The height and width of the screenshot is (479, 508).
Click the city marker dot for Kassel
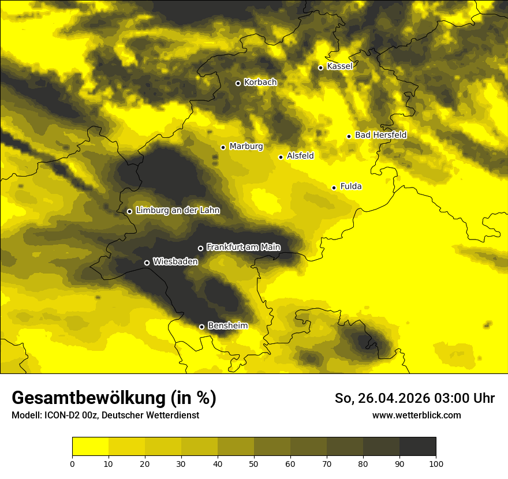tap(320, 68)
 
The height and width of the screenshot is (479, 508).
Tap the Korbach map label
tap(260, 83)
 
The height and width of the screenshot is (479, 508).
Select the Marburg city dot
tap(223, 147)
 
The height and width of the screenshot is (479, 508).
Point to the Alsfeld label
tap(300, 156)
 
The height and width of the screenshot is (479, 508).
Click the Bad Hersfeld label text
tap(380, 135)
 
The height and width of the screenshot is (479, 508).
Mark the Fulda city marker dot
tap(334, 188)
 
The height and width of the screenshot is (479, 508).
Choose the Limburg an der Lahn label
tap(178, 211)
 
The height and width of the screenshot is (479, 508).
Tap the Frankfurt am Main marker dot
tap(200, 248)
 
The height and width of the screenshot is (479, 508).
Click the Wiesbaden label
tap(175, 261)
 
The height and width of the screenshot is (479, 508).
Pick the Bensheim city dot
tap(201, 327)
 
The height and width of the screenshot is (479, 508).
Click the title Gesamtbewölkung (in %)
tap(114, 398)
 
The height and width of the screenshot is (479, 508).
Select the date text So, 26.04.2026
tap(382, 398)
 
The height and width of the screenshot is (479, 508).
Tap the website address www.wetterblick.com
tap(417, 415)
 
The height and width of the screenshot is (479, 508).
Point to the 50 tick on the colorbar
tap(254, 463)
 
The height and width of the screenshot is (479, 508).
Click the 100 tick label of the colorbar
tap(436, 463)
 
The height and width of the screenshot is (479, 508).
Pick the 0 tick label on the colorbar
tap(72, 463)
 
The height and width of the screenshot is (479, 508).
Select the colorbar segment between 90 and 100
tap(417, 447)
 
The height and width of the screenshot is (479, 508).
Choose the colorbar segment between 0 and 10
tap(90, 447)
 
